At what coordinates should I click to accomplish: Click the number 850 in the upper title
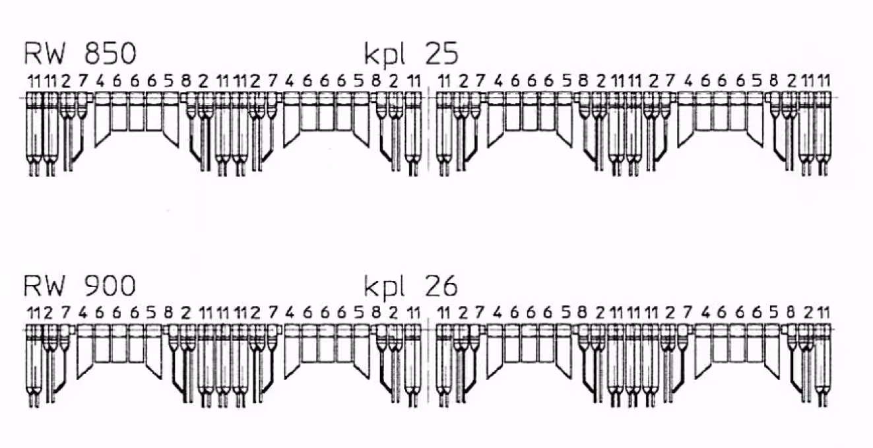click(x=110, y=53)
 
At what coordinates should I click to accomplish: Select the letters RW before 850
click(x=44, y=53)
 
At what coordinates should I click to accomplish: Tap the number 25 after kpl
click(x=442, y=53)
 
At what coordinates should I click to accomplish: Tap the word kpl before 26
click(x=384, y=287)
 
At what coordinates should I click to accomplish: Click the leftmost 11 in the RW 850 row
click(x=34, y=81)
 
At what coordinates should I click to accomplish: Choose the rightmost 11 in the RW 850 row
click(x=824, y=81)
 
